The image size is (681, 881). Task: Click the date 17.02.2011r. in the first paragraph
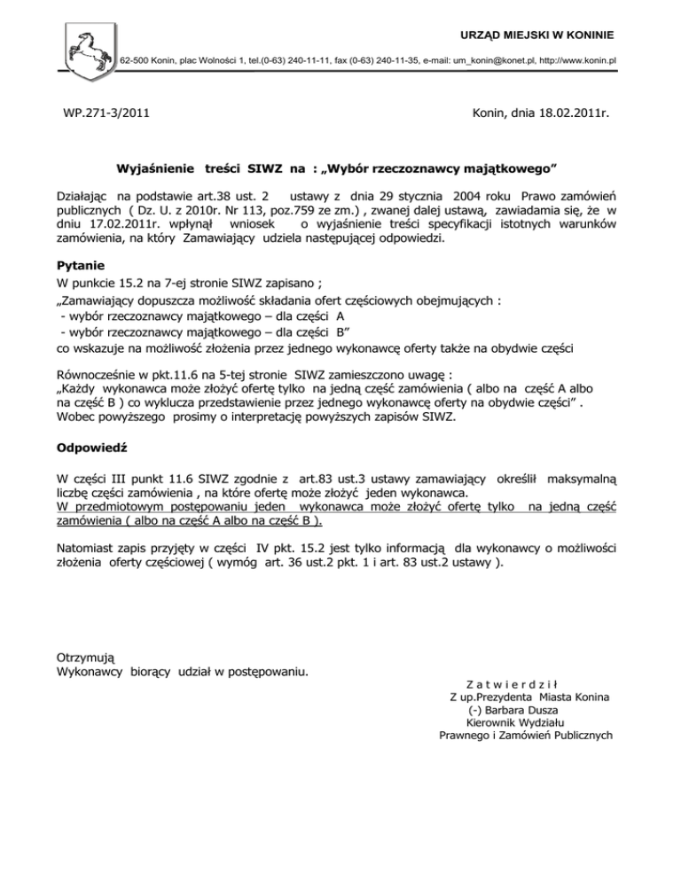(x=115, y=225)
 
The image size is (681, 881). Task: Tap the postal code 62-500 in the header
(x=135, y=59)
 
